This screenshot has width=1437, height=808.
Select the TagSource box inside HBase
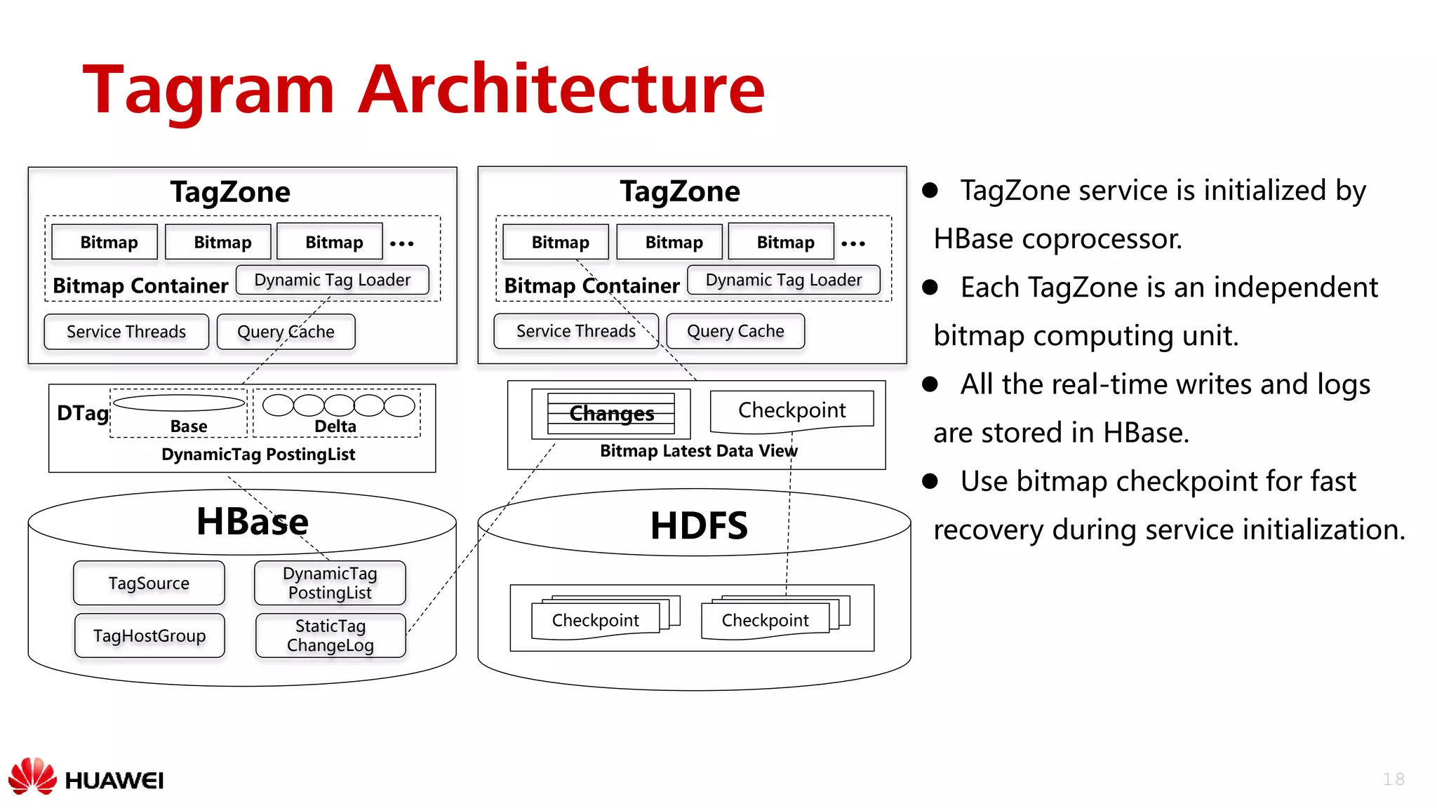click(149, 583)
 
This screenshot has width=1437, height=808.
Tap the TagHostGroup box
click(149, 635)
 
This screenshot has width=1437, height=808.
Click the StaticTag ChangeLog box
click(330, 635)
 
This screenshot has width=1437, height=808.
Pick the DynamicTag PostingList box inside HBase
click(330, 583)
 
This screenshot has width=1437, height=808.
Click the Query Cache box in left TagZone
click(286, 332)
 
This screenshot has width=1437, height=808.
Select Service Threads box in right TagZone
click(575, 331)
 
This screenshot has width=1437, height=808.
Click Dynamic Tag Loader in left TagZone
click(333, 280)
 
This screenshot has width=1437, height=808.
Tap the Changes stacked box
click(611, 414)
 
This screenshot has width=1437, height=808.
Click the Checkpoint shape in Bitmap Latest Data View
click(791, 410)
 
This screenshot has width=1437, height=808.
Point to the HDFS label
click(699, 526)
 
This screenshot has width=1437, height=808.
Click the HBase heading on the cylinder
click(253, 522)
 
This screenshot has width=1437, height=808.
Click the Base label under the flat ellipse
click(189, 426)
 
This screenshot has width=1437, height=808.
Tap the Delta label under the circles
click(335, 426)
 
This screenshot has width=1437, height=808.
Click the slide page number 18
click(1393, 779)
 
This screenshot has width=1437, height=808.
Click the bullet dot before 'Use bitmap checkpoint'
click(930, 481)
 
